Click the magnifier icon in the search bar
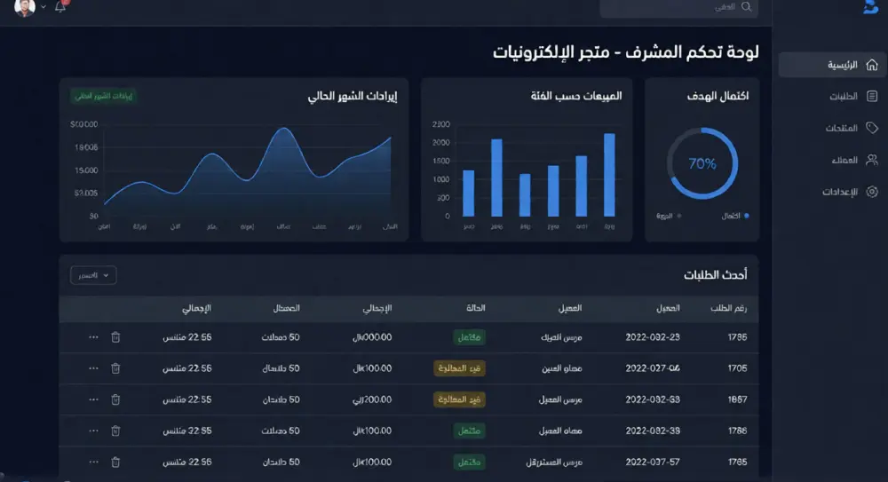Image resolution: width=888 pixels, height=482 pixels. click(747, 7)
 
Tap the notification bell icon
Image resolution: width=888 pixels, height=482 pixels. click(60, 7)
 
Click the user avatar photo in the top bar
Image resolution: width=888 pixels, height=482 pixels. click(25, 7)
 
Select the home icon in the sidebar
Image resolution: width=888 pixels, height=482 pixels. click(872, 65)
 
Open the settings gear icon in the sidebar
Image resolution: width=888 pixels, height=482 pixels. click(872, 192)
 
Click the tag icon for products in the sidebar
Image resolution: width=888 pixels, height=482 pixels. click(872, 128)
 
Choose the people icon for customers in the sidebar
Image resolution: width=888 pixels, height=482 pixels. click(872, 160)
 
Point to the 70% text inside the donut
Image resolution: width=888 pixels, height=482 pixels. click(702, 163)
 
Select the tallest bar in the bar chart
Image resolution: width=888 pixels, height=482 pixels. click(609, 175)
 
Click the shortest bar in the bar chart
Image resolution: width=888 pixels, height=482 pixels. click(525, 194)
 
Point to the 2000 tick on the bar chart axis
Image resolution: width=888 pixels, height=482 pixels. click(441, 142)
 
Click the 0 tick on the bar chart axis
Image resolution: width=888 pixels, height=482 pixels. click(447, 216)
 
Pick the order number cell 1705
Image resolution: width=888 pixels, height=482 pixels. click(737, 368)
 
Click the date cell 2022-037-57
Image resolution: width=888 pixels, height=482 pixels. click(653, 462)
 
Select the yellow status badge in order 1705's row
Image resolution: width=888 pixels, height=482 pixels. click(459, 368)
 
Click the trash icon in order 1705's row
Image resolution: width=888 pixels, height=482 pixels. click(115, 368)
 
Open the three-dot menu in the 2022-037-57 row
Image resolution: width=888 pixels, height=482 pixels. click(93, 462)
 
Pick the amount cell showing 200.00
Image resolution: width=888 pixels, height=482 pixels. click(373, 399)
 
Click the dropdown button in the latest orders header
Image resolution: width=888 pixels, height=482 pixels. click(93, 275)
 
